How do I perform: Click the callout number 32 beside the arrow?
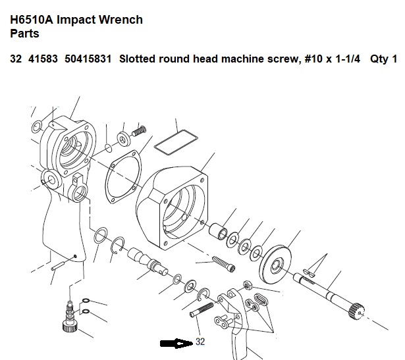(200, 342)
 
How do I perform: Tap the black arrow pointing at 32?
(176, 344)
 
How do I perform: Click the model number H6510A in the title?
(32, 20)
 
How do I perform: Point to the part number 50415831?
(88, 59)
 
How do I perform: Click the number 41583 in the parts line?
(43, 59)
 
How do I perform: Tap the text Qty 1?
(383, 59)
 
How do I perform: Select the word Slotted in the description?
(138, 59)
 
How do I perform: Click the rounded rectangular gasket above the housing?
(176, 142)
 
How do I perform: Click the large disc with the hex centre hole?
(275, 264)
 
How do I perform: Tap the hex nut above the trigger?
(248, 285)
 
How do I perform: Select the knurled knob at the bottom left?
(70, 325)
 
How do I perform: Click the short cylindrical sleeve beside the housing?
(218, 231)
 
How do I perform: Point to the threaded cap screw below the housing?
(224, 264)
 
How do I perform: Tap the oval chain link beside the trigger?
(261, 299)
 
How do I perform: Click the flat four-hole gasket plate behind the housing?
(123, 177)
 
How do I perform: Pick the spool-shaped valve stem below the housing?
(148, 261)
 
